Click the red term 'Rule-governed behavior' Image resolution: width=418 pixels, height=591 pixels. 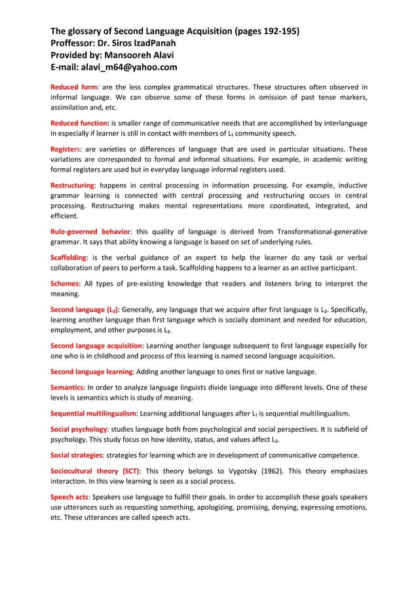[x=90, y=231]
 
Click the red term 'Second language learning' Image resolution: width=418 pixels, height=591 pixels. [x=92, y=372]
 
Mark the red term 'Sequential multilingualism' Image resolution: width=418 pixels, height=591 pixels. [x=94, y=413]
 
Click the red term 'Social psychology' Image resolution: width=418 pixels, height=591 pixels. [x=80, y=429]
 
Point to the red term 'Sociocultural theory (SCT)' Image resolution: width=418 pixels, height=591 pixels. [x=96, y=471]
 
